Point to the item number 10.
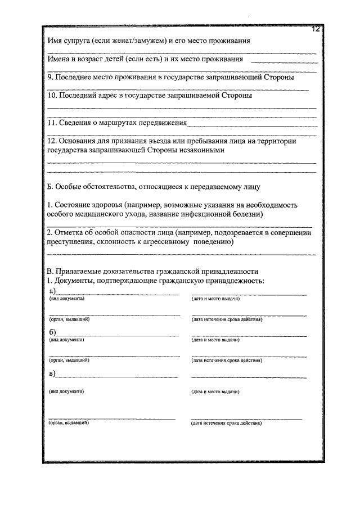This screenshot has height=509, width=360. (x=52, y=95)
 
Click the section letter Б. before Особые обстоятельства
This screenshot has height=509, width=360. (x=50, y=186)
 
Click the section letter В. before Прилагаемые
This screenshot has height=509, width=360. (x=50, y=270)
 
